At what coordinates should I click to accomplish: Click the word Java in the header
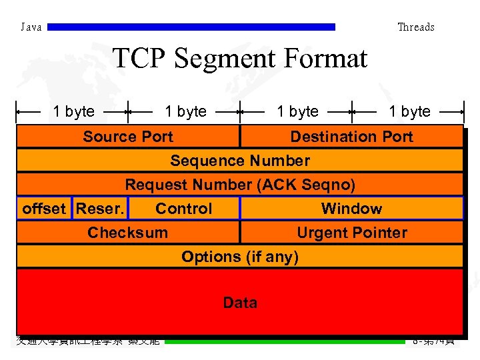pyautogui.click(x=31, y=27)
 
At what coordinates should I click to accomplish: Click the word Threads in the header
pyautogui.click(x=415, y=27)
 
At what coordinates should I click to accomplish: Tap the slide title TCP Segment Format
pyautogui.click(x=240, y=59)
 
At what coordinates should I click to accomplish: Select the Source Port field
pyautogui.click(x=128, y=137)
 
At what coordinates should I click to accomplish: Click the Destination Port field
pyautogui.click(x=351, y=137)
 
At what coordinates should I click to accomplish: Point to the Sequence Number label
pyautogui.click(x=240, y=161)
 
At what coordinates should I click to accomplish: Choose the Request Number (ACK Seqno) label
pyautogui.click(x=240, y=185)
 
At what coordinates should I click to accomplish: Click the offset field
pyautogui.click(x=44, y=209)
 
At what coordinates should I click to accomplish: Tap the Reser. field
pyautogui.click(x=100, y=209)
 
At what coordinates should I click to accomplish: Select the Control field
pyautogui.click(x=183, y=209)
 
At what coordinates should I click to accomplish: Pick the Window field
pyautogui.click(x=351, y=209)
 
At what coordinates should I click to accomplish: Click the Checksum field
pyautogui.click(x=128, y=233)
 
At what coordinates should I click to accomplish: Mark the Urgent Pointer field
pyautogui.click(x=351, y=233)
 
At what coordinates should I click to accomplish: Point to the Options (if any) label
pyautogui.click(x=240, y=257)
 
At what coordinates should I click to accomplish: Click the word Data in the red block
pyautogui.click(x=240, y=303)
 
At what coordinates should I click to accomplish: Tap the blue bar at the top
pyautogui.click(x=192, y=27)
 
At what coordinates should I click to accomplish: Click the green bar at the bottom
pyautogui.click(x=285, y=341)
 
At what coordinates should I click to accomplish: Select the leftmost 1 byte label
pyautogui.click(x=74, y=111)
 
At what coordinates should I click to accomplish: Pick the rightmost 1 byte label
pyautogui.click(x=409, y=111)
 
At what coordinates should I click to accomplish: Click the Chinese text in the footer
pyautogui.click(x=88, y=341)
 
